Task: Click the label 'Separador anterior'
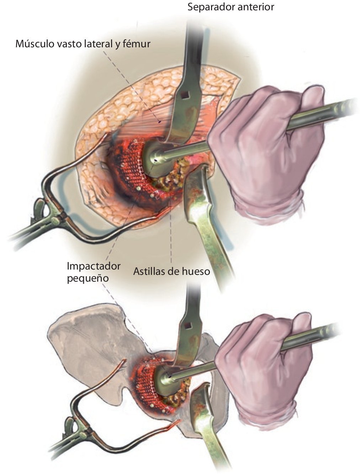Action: pos(231,7)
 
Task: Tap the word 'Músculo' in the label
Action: pos(32,44)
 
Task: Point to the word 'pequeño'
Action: pos(88,278)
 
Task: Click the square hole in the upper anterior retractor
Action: pos(185,95)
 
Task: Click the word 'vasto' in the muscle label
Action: pos(69,44)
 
